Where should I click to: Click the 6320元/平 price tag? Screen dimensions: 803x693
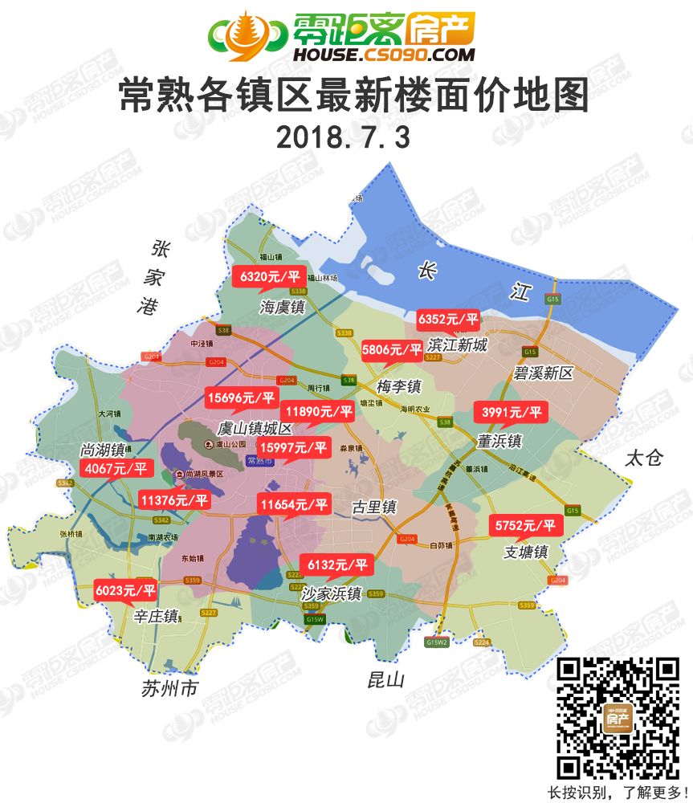(x=271, y=277)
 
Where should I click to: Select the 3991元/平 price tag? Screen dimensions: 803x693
(x=512, y=413)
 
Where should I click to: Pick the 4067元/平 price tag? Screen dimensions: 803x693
(x=117, y=468)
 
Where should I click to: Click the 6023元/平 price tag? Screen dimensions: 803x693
(x=126, y=590)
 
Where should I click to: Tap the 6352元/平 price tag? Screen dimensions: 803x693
(x=448, y=320)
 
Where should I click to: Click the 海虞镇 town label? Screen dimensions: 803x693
(x=283, y=308)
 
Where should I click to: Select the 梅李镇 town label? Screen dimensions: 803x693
(x=399, y=385)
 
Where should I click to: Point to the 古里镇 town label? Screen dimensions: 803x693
(x=375, y=507)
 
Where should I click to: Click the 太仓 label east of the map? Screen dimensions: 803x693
(x=645, y=459)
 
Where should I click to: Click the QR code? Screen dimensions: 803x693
(x=618, y=718)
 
